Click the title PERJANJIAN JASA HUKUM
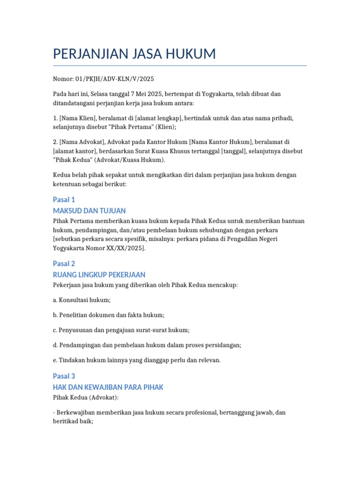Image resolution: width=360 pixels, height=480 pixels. (135, 54)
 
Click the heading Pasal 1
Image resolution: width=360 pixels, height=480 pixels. (64, 200)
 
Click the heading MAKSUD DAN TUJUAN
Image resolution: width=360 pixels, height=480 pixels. (89, 210)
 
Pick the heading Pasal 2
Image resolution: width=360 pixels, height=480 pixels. (64, 263)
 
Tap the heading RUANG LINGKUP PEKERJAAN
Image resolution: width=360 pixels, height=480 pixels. (99, 274)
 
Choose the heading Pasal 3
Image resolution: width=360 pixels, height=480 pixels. (64, 376)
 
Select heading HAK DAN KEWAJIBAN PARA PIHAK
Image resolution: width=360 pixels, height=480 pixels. (108, 387)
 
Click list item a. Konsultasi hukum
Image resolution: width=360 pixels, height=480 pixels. (82, 300)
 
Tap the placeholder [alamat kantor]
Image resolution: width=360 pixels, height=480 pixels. (74, 150)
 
